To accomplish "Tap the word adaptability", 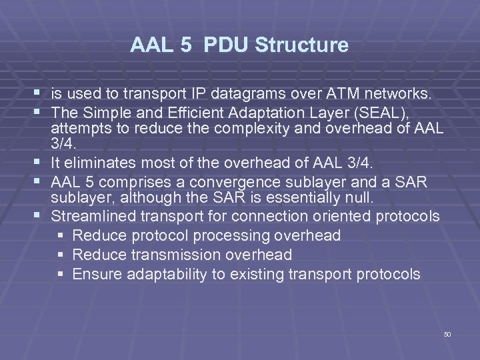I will coord(163,274).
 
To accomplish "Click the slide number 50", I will coord(447,334).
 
